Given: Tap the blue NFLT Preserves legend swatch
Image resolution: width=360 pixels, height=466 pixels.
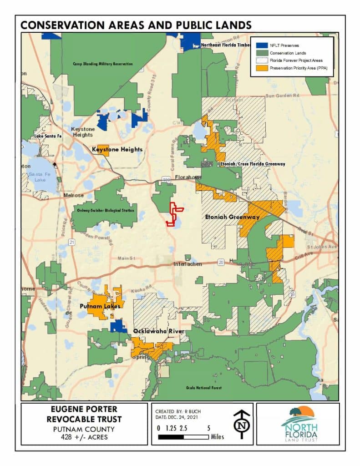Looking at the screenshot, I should [x=262, y=46].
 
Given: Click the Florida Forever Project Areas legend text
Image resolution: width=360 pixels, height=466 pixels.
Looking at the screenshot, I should [x=296, y=60].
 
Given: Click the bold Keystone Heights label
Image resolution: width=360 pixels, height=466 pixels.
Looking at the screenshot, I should [x=117, y=149].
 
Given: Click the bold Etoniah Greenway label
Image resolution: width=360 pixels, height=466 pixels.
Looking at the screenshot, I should [x=233, y=217].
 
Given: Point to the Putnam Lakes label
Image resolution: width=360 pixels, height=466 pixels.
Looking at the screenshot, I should [x=100, y=306].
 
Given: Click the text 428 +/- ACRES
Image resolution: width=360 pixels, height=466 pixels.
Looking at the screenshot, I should [x=84, y=437].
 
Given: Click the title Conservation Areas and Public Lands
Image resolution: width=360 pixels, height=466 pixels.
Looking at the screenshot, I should [x=136, y=25].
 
